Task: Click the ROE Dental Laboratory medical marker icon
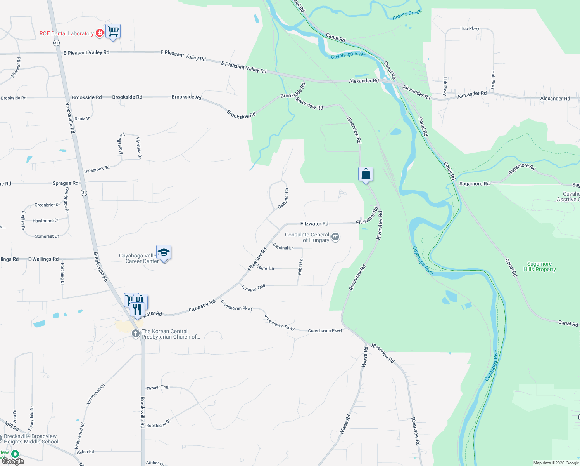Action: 100,33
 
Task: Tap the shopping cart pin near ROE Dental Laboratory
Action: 113,31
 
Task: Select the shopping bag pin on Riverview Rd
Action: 366,174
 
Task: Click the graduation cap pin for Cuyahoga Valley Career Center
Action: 164,252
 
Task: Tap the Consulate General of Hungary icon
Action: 335,237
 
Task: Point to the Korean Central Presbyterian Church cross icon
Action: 135,333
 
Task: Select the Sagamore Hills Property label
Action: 539,266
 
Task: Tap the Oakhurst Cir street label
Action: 283,198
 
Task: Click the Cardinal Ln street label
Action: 283,247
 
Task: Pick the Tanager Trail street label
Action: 253,287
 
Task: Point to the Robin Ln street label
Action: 300,267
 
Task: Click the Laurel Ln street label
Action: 265,268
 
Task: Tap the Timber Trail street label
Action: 158,388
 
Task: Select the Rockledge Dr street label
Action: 158,424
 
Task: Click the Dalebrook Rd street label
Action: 97,169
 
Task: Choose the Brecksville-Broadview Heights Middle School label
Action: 31,439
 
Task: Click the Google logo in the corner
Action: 14,461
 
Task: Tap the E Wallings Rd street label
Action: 43,259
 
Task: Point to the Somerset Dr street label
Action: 47,236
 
